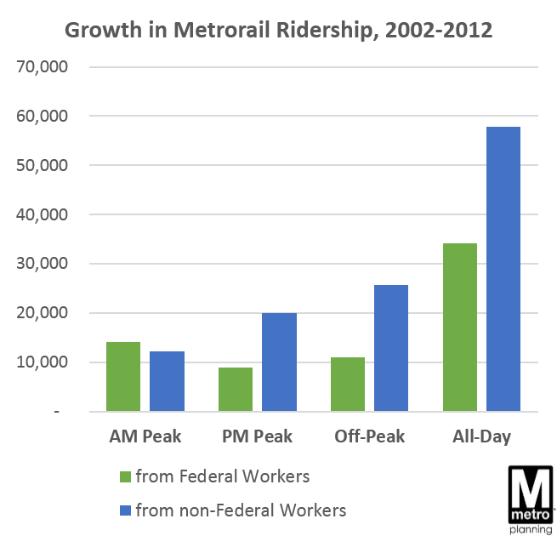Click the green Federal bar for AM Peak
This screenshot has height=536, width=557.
123,377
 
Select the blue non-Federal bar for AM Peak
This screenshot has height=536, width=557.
167,382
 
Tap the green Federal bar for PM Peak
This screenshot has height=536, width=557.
236,390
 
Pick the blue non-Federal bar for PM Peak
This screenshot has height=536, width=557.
279,362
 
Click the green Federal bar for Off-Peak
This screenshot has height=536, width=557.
348,385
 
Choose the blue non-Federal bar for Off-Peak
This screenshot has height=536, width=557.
391,349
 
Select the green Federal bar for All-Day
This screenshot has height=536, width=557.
460,328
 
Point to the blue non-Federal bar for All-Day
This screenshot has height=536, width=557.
503,270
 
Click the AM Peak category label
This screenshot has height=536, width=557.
145,436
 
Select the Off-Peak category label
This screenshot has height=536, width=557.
369,436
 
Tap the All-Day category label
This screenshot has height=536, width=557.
481,436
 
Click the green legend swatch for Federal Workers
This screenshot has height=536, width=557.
125,477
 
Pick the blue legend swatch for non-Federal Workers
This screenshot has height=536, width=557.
125,511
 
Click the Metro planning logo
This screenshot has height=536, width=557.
529,498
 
